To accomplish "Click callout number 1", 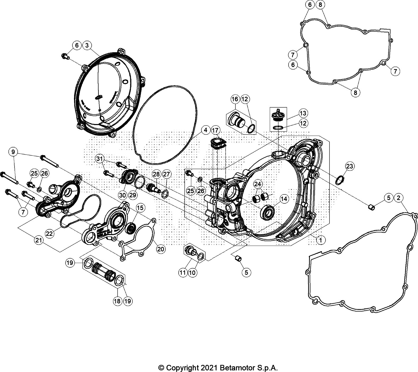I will pyautogui.click(x=321, y=240).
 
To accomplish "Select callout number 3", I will pyautogui.click(x=87, y=45).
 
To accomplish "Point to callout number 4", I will pyautogui.click(x=206, y=130).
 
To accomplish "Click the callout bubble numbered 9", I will pyautogui.click(x=13, y=152).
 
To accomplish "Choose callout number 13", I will pyautogui.click(x=303, y=113).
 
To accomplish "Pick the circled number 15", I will pyautogui.click(x=140, y=208).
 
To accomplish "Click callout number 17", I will pyautogui.click(x=216, y=130).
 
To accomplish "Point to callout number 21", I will pyautogui.click(x=39, y=240).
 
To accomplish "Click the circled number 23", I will pyautogui.click(x=350, y=166).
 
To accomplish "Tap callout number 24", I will pyautogui.click(x=258, y=184).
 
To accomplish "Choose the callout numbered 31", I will pyautogui.click(x=99, y=159).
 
